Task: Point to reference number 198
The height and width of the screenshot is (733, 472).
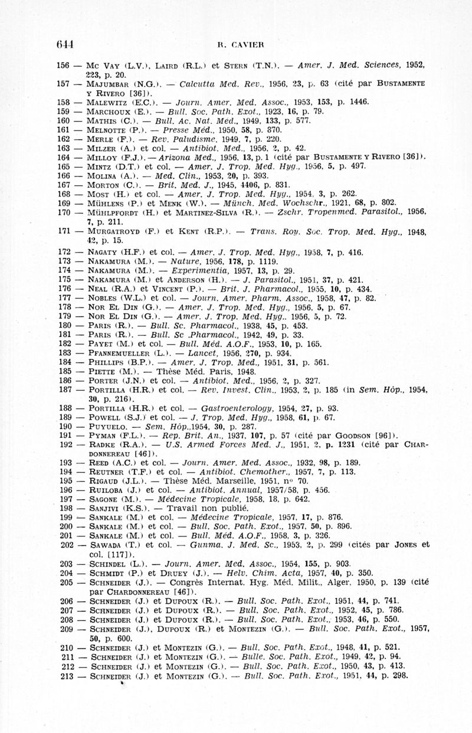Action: point(67,508)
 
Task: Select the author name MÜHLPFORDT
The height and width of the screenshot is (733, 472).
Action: point(115,211)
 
